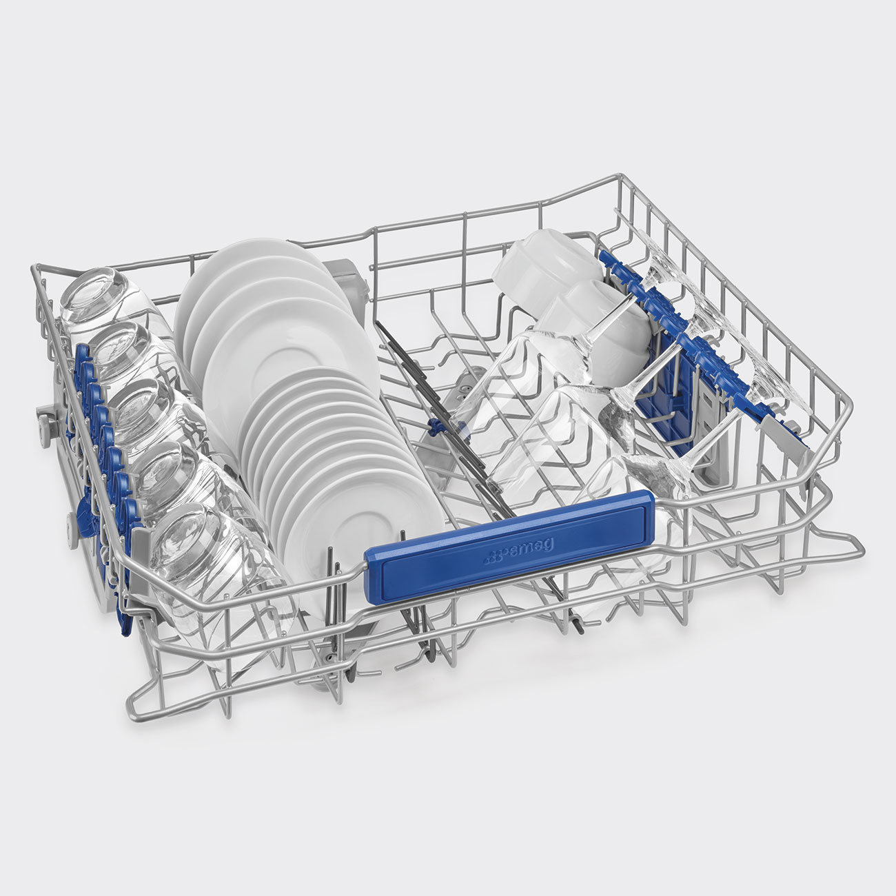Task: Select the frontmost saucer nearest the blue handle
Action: click(363, 525)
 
